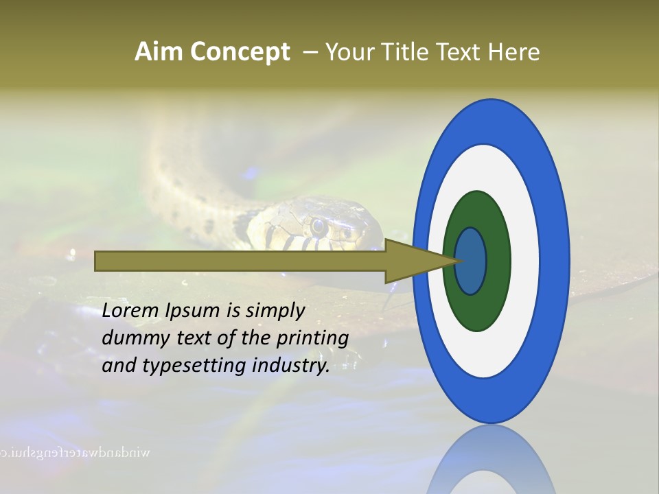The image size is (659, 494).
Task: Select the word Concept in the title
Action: (x=240, y=52)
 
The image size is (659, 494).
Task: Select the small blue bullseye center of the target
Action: (x=470, y=261)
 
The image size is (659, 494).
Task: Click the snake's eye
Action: (x=318, y=224)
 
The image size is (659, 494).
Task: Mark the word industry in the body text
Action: (x=291, y=366)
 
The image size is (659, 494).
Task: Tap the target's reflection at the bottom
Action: (x=491, y=463)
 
